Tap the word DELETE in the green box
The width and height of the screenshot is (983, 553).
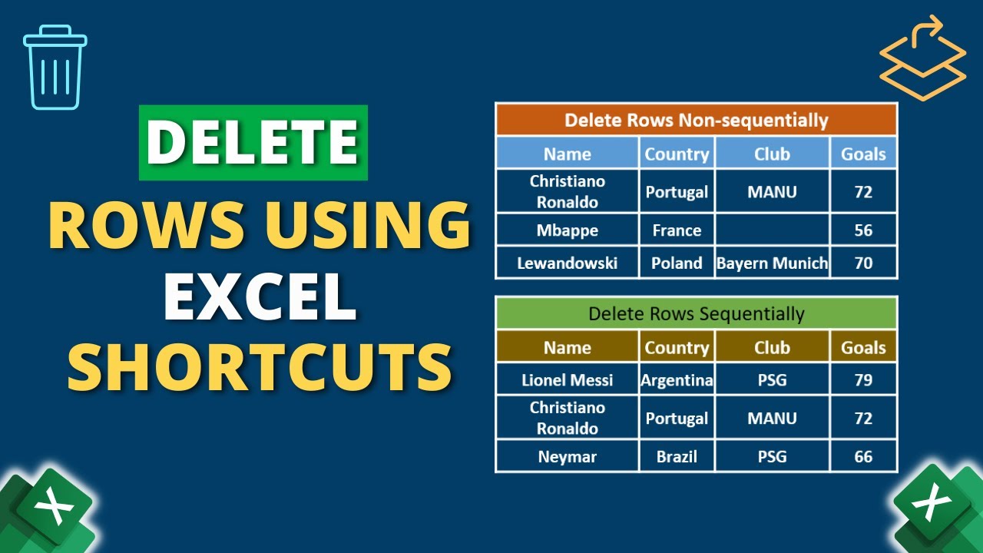tap(253, 143)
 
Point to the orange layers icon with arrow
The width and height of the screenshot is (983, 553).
tap(922, 60)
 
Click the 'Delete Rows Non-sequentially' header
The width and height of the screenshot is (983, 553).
tap(696, 120)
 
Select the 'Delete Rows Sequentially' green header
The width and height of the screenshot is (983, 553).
tap(696, 313)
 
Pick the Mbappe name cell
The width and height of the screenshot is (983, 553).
tap(568, 230)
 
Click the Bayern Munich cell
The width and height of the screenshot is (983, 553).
tap(772, 263)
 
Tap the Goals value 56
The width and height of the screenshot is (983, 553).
tap(863, 230)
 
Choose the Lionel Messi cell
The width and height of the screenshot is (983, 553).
tap(568, 379)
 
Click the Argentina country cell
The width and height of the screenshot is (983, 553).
tap(677, 379)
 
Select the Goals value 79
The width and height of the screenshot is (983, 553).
tap(863, 379)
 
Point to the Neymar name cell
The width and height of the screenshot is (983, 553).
tap(568, 457)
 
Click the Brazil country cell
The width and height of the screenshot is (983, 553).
tap(677, 457)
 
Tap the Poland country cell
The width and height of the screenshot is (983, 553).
tap(677, 263)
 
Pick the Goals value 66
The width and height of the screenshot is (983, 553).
tap(863, 457)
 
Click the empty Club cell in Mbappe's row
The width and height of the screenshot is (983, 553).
tap(772, 230)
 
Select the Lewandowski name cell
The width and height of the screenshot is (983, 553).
tap(568, 263)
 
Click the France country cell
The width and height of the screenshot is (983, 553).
tap(677, 230)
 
